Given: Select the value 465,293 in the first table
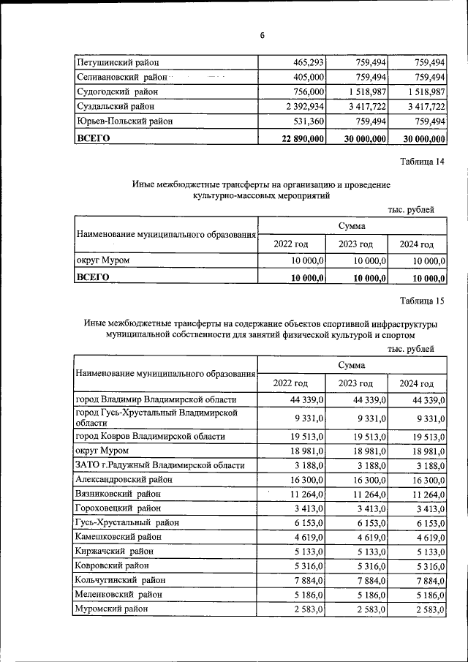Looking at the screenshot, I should [x=306, y=64].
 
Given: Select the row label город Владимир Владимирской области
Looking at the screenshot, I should [x=156, y=399].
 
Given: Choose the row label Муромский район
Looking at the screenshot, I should [x=112, y=609].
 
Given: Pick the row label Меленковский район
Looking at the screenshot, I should [x=118, y=594].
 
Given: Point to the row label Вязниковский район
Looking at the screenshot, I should [x=117, y=493].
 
